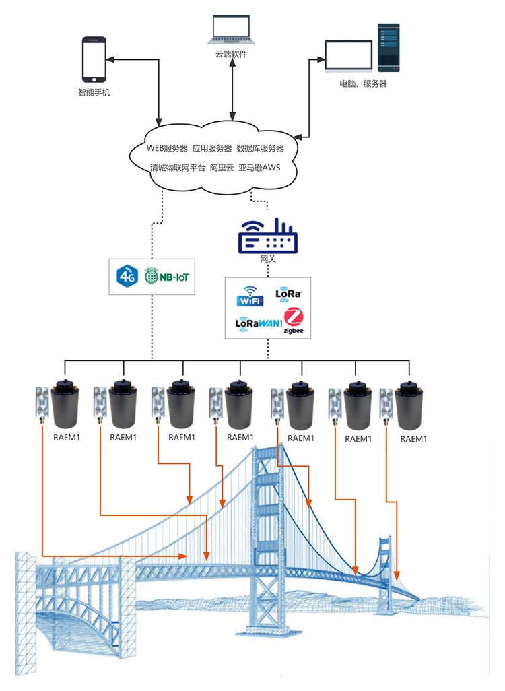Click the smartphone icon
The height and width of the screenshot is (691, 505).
click(x=94, y=59)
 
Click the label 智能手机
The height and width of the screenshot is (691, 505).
click(x=94, y=92)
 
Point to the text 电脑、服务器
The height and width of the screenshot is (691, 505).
click(x=364, y=84)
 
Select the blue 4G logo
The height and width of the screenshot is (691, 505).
click(x=127, y=276)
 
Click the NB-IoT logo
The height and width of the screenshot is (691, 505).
click(x=164, y=276)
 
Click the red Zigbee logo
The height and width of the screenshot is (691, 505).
click(x=294, y=319)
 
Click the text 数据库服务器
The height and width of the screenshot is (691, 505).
click(x=260, y=148)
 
